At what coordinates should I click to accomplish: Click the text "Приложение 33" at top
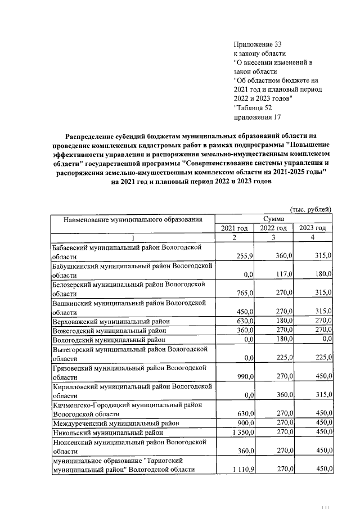(256, 43)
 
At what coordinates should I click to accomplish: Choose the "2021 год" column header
(235, 228)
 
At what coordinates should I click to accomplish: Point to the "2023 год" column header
(313, 228)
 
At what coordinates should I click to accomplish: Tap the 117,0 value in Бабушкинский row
(283, 274)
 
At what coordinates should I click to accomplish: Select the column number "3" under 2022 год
(273, 238)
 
